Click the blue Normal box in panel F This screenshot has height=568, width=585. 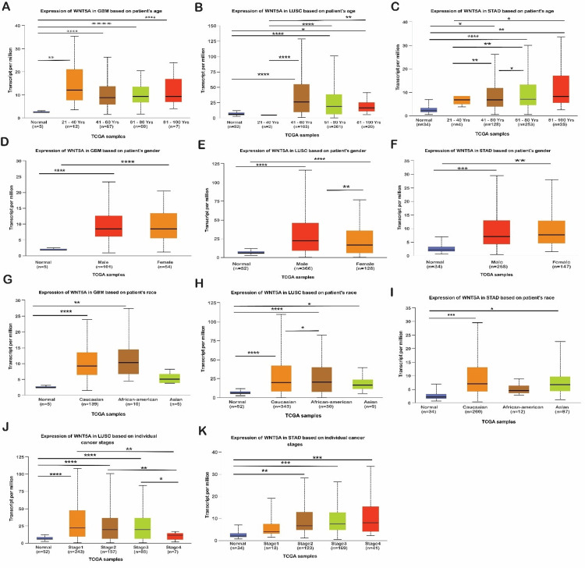point(441,249)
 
